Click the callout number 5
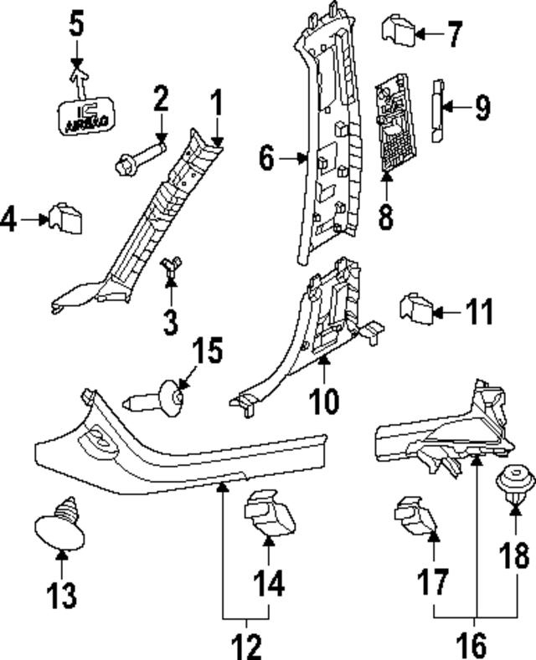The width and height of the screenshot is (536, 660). click(76, 24)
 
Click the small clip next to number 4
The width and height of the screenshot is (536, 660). click(65, 219)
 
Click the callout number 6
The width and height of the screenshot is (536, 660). click(266, 157)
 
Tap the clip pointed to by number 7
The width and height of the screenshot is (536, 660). click(399, 32)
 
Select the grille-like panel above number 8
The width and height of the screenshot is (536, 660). click(391, 122)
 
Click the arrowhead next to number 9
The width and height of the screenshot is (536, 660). click(446, 106)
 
